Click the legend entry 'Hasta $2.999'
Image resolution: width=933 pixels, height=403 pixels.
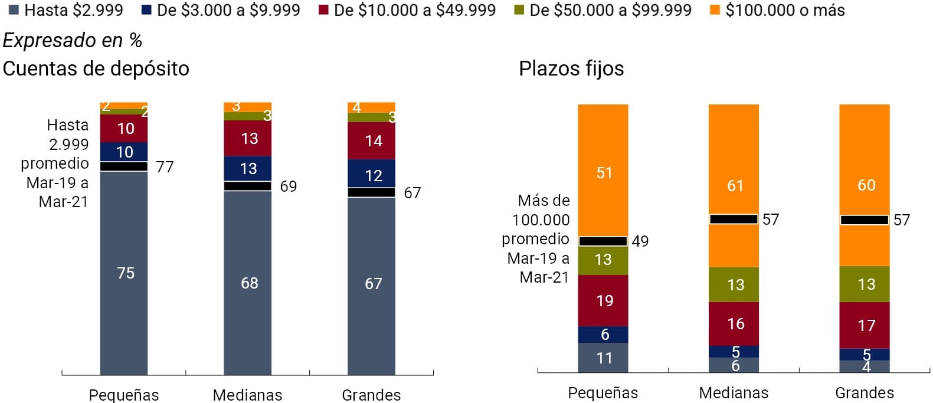(66, 10)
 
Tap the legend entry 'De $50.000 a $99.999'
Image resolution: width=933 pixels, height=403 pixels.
(603, 10)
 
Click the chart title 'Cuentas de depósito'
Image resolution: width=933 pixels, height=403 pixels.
(96, 68)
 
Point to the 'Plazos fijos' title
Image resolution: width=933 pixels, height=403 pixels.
(571, 68)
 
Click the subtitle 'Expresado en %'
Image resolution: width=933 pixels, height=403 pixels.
(72, 40)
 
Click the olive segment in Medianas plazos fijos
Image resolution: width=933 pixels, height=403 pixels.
(734, 284)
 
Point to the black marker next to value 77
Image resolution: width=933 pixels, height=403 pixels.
(124, 166)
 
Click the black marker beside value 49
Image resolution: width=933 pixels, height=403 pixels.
(603, 241)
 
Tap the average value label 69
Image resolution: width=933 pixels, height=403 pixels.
(288, 186)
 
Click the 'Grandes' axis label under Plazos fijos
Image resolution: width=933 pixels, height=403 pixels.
(864, 392)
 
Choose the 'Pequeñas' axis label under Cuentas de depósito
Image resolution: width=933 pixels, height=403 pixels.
(124, 394)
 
